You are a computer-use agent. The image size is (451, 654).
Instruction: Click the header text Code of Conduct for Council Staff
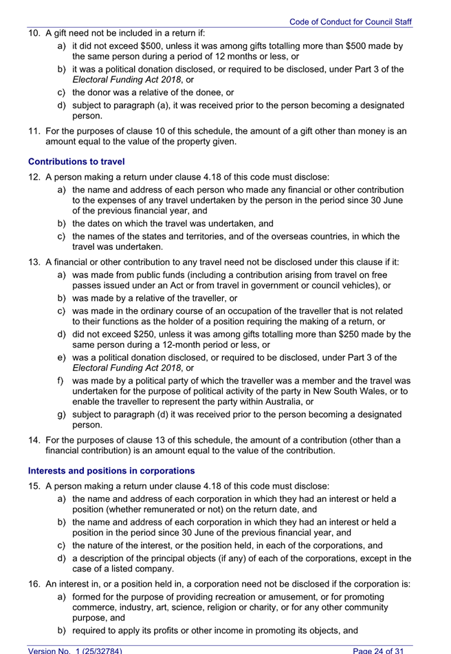tap(350, 22)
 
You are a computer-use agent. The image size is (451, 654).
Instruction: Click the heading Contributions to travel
tap(76, 162)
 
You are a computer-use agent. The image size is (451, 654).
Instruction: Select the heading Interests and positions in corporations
tap(111, 471)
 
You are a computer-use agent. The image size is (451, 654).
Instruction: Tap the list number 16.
tap(34, 584)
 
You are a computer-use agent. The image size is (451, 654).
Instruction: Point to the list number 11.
tap(34, 131)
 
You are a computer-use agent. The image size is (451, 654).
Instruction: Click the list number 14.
tap(34, 440)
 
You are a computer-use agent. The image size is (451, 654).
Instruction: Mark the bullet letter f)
tap(61, 381)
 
